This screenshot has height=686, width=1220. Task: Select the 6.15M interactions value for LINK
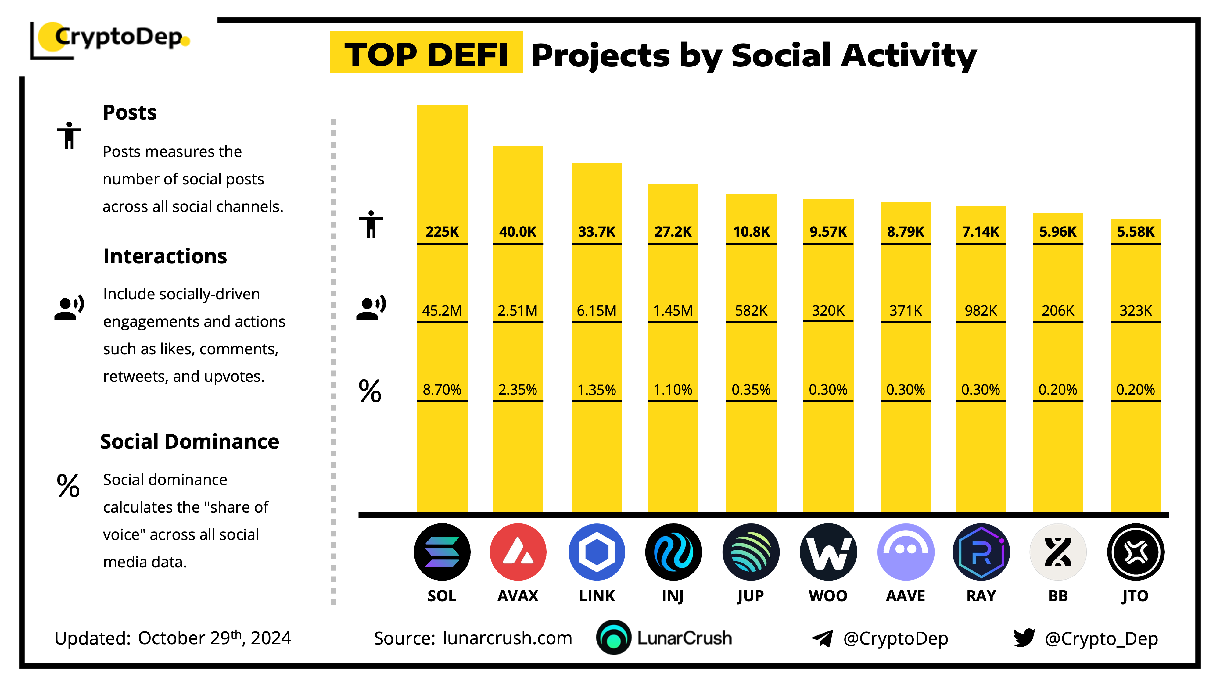coord(596,311)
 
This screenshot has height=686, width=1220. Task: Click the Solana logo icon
coord(442,552)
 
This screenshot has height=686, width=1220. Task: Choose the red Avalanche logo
coord(518,552)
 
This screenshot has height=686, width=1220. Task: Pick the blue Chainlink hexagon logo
coord(596,552)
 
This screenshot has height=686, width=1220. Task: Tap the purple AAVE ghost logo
coord(906,552)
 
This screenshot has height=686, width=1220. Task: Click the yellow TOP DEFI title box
coord(426,53)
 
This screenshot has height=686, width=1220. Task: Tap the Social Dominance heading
coord(189,442)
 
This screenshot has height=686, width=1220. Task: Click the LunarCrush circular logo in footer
coord(613,638)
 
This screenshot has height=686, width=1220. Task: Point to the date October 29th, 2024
coord(214,638)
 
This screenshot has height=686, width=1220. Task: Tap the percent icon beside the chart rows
coord(370,391)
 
